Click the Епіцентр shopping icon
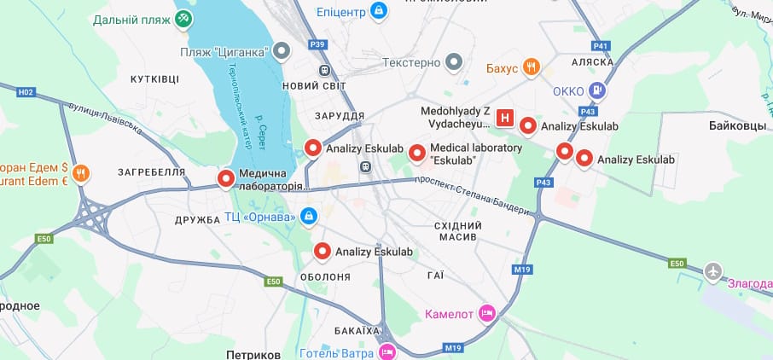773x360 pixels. (379, 11)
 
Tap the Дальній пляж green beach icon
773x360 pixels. (183, 19)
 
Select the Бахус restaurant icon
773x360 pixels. (531, 67)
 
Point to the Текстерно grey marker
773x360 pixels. (454, 61)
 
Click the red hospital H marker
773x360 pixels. (505, 119)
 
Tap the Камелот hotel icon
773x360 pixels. (487, 314)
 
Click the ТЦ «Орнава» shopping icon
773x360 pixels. (309, 217)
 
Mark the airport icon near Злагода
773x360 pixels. (712, 271)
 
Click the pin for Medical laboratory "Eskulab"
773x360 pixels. (416, 154)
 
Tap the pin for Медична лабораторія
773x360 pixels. (226, 179)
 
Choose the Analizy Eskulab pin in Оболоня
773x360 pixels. (323, 252)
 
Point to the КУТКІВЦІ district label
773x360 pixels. (154, 78)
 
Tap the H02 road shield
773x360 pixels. (26, 91)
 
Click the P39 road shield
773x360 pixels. (317, 44)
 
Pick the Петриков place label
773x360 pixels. (253, 353)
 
